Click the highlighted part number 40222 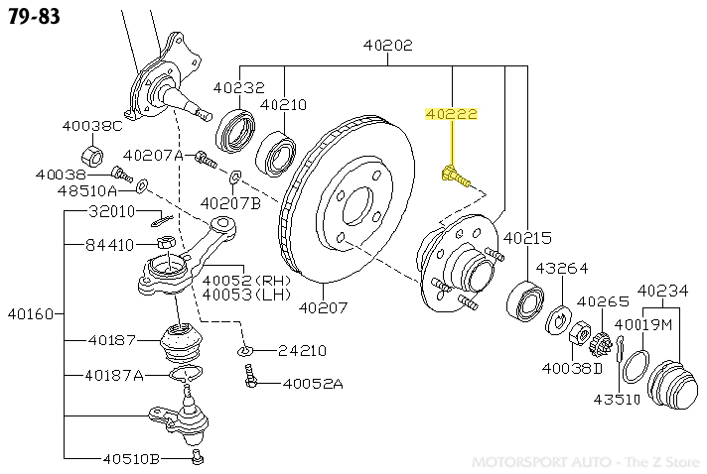(x=452, y=115)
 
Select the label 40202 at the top (x=387, y=46)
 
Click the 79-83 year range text (x=35, y=18)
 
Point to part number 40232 (x=238, y=86)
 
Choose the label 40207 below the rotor (x=323, y=306)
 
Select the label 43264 (x=562, y=269)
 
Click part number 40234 (x=663, y=291)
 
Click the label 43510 (x=619, y=399)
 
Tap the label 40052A (x=312, y=384)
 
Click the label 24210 (x=302, y=350)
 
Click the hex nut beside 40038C (x=90, y=155)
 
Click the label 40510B (x=131, y=458)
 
